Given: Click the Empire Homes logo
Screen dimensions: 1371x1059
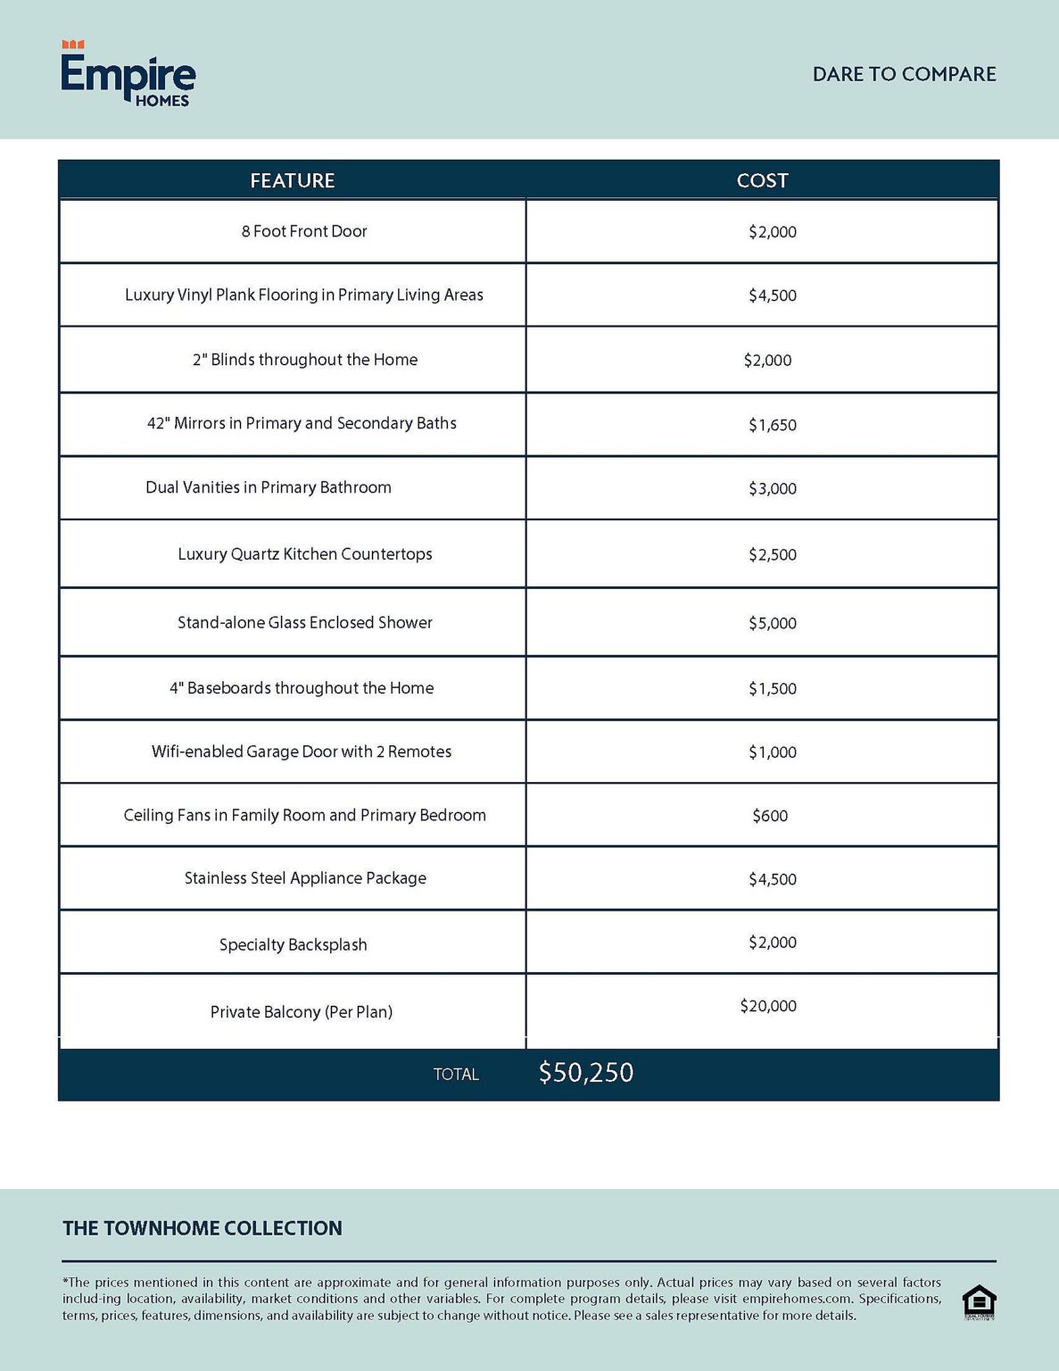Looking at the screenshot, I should (128, 75).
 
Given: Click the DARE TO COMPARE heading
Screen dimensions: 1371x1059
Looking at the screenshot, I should (904, 74).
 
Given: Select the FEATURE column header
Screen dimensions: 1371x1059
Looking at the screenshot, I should (292, 180).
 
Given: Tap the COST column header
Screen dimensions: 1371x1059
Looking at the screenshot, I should (762, 180).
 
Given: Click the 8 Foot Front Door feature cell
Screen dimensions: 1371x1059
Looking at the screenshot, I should (303, 231).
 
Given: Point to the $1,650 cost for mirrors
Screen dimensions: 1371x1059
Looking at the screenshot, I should (772, 425).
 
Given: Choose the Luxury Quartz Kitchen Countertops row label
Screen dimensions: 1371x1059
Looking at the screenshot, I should (304, 553).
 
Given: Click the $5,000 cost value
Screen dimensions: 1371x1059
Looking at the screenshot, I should (772, 623).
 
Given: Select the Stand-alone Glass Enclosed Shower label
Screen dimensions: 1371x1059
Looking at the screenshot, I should (304, 622).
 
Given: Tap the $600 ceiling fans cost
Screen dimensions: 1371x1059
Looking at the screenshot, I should (769, 816).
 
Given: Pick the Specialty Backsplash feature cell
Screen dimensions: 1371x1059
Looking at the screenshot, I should (293, 944).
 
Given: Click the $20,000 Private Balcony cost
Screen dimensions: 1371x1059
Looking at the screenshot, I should (767, 1006).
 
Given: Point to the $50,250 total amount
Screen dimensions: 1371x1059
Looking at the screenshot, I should (585, 1072).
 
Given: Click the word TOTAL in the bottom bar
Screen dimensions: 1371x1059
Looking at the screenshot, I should (456, 1075).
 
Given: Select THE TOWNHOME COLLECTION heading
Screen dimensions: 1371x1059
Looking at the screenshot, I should (203, 1228).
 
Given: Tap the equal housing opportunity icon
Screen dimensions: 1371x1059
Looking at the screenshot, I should (979, 1301).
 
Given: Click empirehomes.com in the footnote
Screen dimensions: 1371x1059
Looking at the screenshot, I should (796, 1299).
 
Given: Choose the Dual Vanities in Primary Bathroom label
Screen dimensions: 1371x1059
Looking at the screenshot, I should (268, 487).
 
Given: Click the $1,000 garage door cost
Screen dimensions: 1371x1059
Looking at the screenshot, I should (772, 752).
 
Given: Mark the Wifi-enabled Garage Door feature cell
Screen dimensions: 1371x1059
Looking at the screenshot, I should (301, 752).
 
